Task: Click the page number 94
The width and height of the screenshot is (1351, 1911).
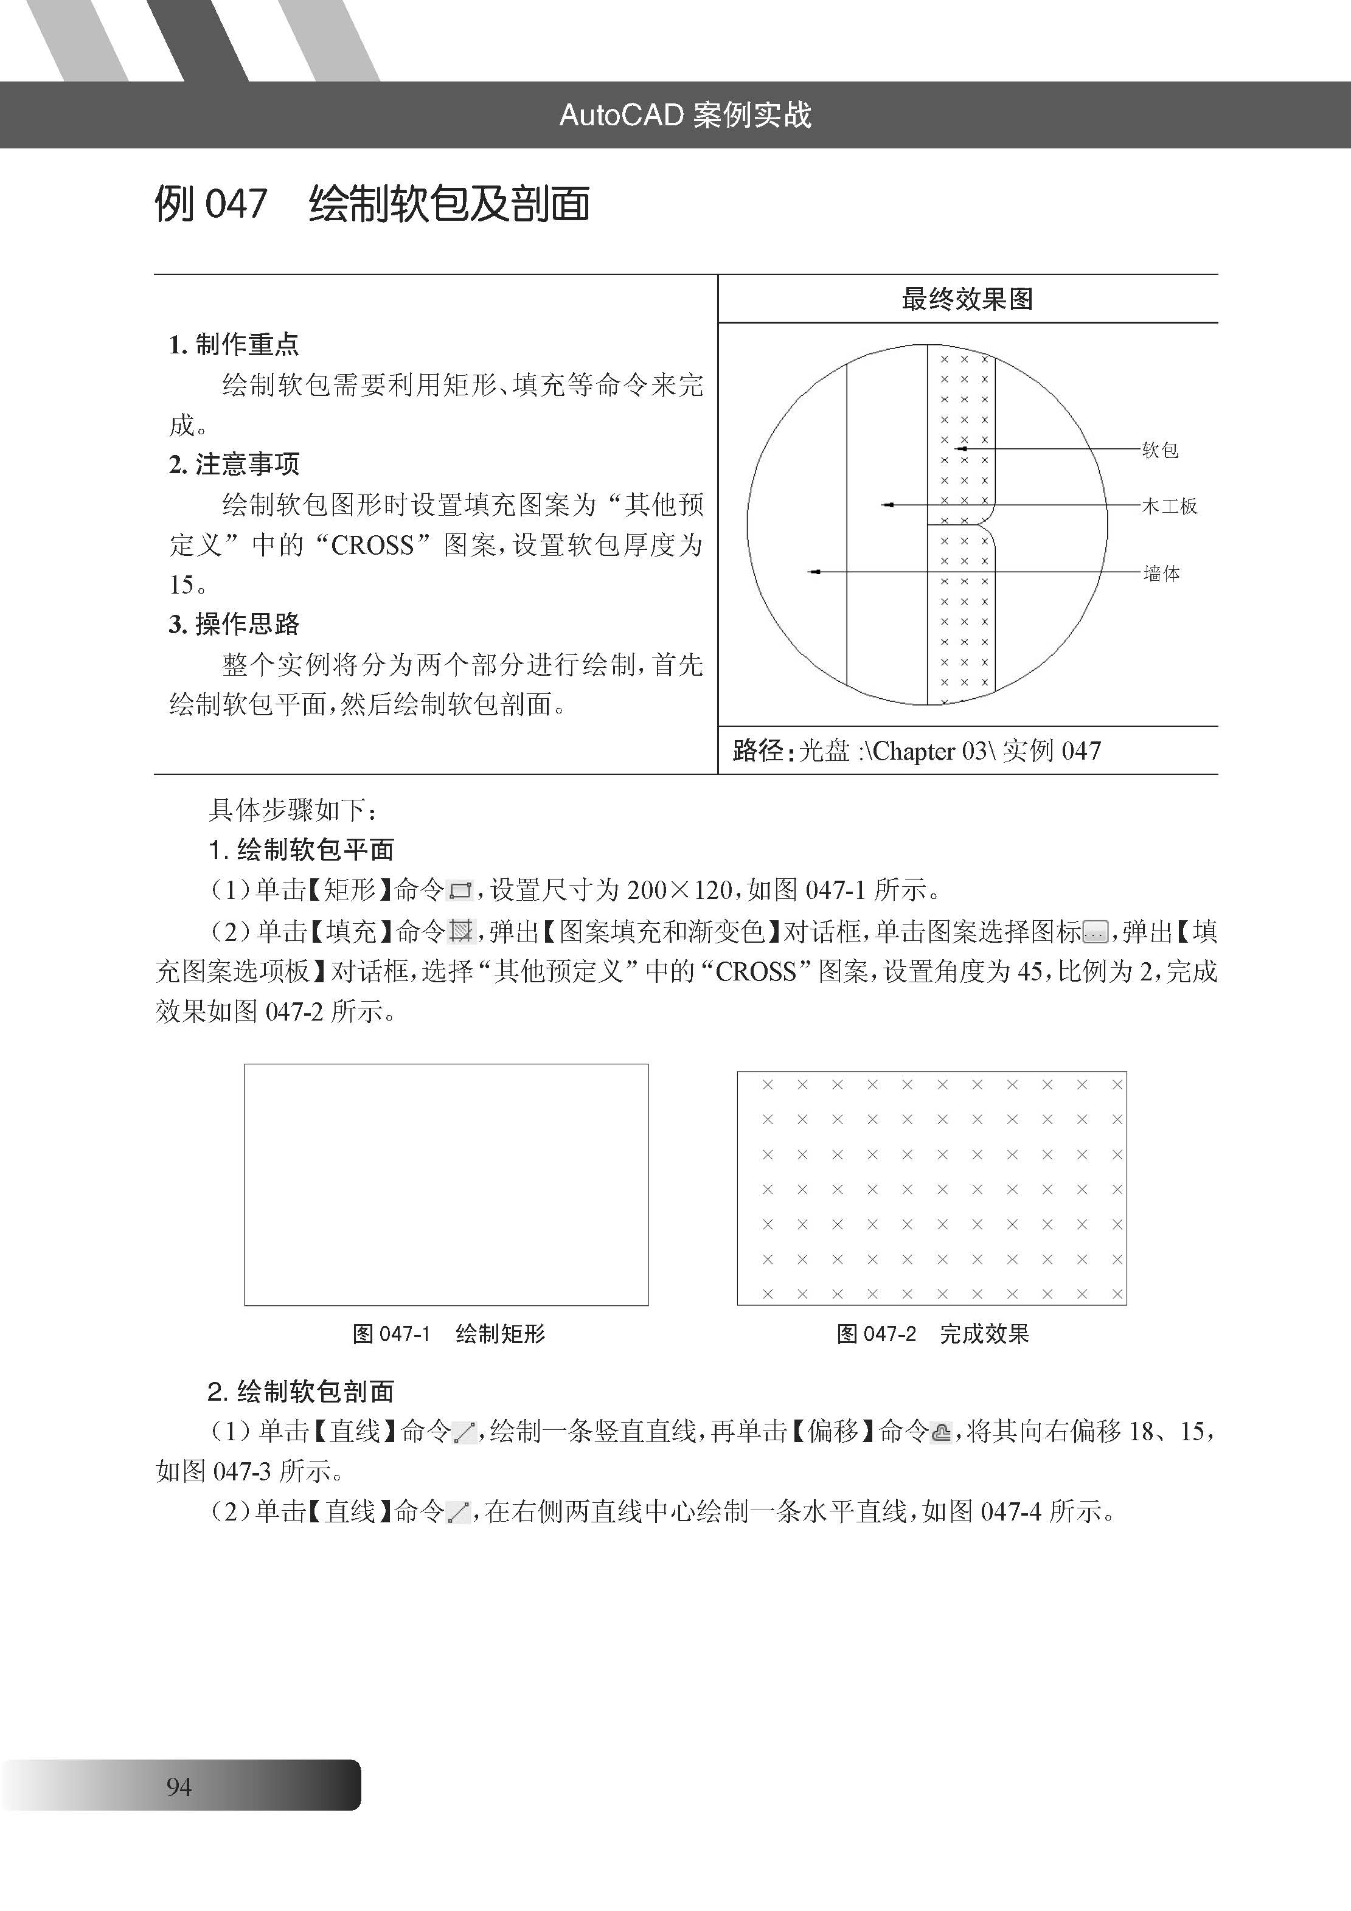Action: click(x=179, y=1786)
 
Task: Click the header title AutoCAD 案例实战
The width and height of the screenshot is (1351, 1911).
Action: click(x=685, y=115)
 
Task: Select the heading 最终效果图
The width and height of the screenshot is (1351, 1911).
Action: click(x=967, y=299)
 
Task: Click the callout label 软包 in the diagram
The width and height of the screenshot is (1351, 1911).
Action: click(x=1159, y=450)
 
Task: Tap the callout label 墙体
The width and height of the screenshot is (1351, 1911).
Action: click(x=1161, y=574)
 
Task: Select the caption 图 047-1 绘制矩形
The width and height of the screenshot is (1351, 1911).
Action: click(x=449, y=1334)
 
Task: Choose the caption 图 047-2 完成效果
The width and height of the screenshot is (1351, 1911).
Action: click(x=933, y=1334)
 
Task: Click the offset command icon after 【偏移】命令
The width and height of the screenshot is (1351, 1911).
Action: click(x=940, y=1432)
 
